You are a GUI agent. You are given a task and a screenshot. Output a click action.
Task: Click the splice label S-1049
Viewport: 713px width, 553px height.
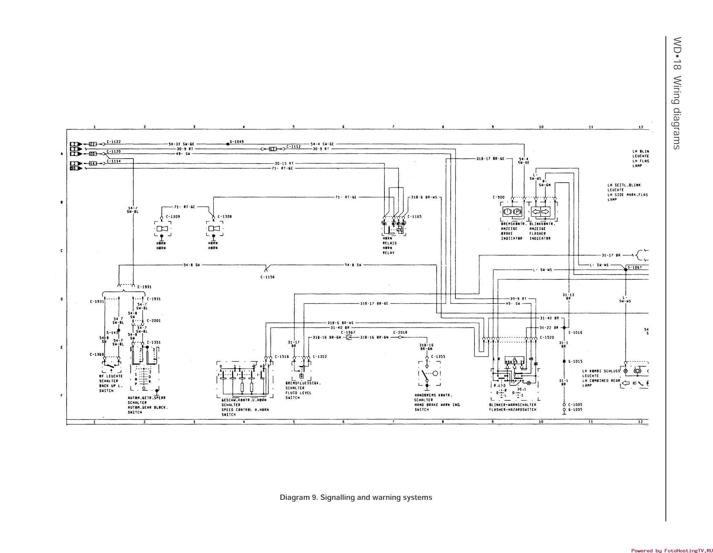point(237,142)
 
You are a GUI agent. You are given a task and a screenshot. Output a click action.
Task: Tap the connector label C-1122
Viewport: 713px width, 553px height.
point(114,142)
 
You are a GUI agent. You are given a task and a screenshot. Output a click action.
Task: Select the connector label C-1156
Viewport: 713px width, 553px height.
point(267,277)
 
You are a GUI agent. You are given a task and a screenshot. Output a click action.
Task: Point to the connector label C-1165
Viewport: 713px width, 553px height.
point(415,216)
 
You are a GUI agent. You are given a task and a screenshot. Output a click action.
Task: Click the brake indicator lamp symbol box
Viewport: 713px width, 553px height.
point(512,212)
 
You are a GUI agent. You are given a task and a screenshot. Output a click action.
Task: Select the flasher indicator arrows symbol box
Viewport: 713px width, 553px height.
point(541,212)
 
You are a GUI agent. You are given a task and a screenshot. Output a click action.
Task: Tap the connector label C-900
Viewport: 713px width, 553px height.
point(498,197)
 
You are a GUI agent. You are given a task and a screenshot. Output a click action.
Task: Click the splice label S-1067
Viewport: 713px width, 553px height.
point(635,267)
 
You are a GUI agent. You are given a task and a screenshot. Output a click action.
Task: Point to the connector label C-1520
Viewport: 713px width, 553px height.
point(547,338)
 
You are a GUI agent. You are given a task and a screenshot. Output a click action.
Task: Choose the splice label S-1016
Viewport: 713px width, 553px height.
point(575,333)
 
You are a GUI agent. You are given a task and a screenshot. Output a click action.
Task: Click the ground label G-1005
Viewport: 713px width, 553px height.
point(575,409)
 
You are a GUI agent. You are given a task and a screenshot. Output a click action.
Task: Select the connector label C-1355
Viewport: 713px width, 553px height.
point(438,357)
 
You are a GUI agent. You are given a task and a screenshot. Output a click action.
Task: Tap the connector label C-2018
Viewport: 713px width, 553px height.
point(400,333)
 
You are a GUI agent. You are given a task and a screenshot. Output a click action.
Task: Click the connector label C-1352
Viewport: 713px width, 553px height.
point(320,357)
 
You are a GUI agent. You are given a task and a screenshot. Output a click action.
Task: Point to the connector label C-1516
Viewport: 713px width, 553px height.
point(282,357)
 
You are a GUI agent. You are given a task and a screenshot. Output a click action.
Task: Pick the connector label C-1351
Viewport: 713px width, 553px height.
point(154,342)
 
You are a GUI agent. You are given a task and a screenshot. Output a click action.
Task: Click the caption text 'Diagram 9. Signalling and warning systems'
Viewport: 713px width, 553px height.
point(356,497)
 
